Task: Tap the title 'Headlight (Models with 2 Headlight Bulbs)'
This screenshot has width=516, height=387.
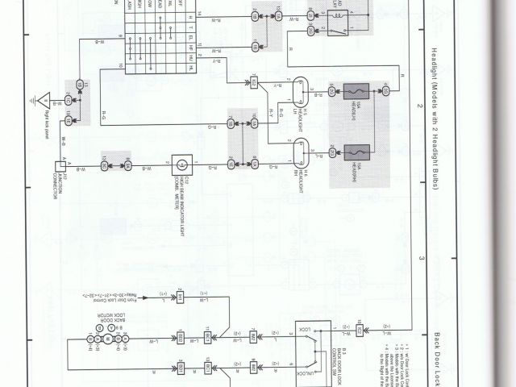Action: coord(434,118)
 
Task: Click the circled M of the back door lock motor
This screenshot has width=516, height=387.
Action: coord(108,339)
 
